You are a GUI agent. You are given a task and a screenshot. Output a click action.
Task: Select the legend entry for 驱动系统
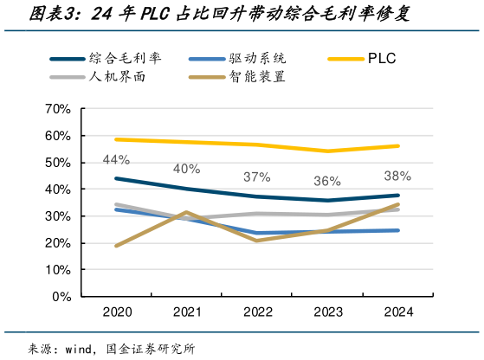click(260, 59)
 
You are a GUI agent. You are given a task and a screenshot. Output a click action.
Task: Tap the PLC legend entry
click(381, 59)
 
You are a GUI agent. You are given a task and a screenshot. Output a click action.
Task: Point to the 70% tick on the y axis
click(55, 109)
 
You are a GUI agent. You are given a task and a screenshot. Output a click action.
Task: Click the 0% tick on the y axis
click(59, 296)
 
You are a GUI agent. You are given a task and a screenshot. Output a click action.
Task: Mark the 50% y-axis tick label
click(55, 163)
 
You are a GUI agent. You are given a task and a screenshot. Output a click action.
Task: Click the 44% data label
click(116, 159)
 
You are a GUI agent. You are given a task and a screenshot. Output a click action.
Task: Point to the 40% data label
click(186, 169)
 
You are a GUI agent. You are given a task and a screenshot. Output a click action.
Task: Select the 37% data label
click(256, 177)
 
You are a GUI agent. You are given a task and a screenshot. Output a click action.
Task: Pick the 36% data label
click(327, 181)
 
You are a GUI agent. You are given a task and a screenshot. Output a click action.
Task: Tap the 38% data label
click(397, 176)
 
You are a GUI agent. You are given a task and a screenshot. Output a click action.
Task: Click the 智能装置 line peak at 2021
click(186, 212)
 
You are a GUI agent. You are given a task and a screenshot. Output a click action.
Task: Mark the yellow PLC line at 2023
click(327, 151)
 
